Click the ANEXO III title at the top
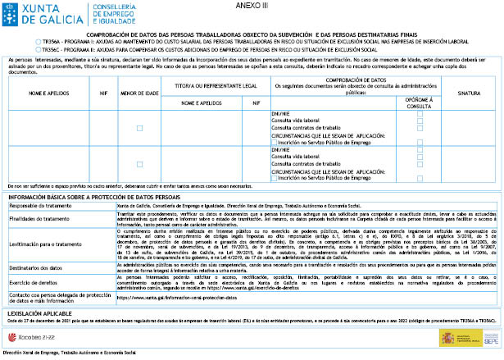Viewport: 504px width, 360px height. click(x=252, y=5)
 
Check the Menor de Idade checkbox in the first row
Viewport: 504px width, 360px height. click(x=139, y=128)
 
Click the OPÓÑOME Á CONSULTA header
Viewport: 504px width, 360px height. click(x=420, y=103)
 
